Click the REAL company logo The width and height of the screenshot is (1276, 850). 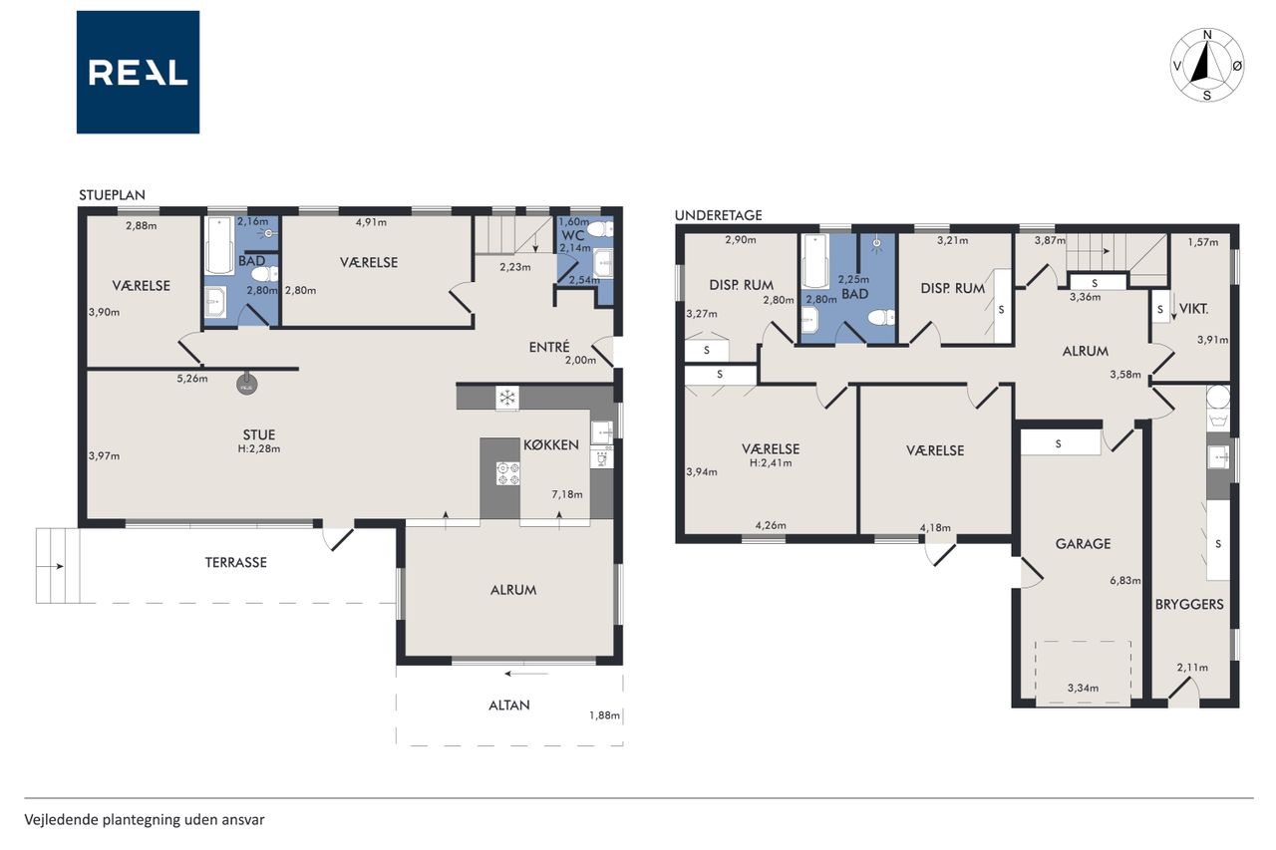(x=138, y=73)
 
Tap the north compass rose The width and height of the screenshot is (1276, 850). (x=1207, y=65)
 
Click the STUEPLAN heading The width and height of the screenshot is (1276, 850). (x=113, y=194)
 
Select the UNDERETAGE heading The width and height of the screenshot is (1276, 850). (x=719, y=215)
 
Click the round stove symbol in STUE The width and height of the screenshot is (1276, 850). (x=246, y=386)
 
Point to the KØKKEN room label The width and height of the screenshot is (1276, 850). (x=551, y=444)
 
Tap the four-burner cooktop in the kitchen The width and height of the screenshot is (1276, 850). (x=508, y=473)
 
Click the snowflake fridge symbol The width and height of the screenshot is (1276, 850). (x=507, y=397)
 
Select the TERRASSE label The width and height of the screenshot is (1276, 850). (x=236, y=562)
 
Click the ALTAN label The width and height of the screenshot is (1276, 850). (x=509, y=706)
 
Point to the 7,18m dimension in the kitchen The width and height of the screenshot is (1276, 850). (x=567, y=494)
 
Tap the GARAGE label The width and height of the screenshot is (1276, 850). (x=1083, y=544)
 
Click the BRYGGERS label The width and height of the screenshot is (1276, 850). (x=1189, y=604)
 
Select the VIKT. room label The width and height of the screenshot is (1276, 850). (x=1194, y=309)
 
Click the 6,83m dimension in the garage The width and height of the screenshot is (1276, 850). (x=1125, y=581)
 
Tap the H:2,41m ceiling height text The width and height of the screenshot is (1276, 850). (x=771, y=462)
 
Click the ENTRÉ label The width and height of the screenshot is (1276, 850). (x=549, y=347)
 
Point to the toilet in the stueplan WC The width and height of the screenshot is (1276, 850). (x=600, y=229)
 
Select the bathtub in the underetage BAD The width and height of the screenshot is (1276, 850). (x=815, y=262)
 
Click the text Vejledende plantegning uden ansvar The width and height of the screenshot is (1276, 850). (x=145, y=820)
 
